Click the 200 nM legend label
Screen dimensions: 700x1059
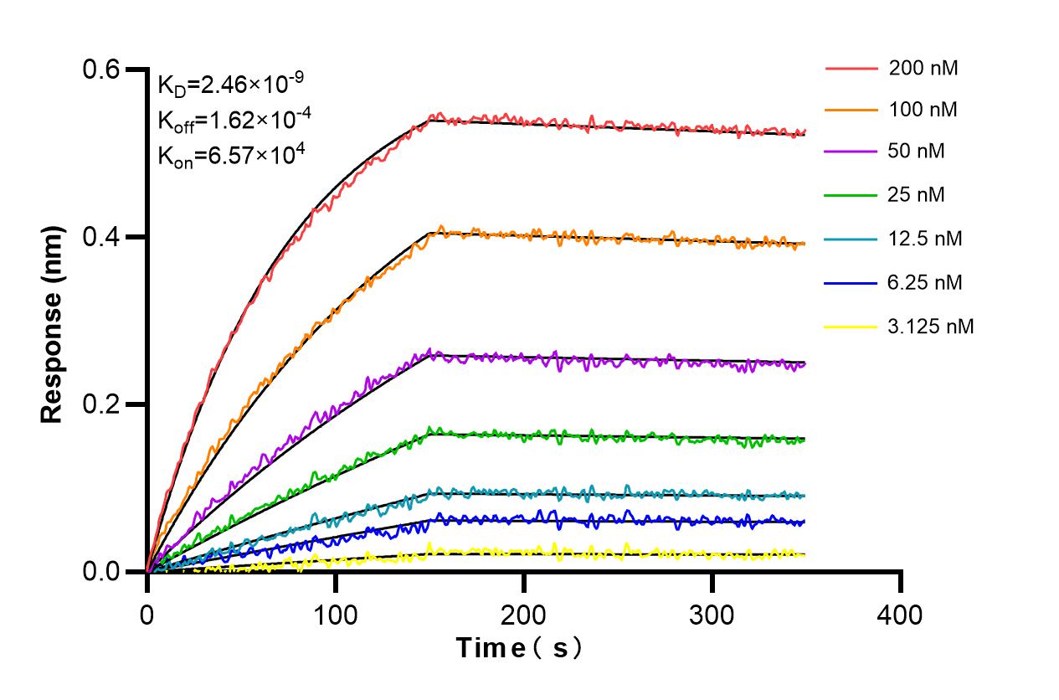tap(923, 69)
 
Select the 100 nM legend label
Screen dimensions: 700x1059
tap(923, 110)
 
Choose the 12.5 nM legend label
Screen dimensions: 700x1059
tap(926, 239)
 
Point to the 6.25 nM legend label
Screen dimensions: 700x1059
tap(926, 283)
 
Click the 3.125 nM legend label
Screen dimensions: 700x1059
tap(931, 327)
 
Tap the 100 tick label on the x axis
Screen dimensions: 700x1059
tap(335, 615)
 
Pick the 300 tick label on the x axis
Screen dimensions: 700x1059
tap(712, 615)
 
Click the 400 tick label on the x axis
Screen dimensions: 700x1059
tap(900, 615)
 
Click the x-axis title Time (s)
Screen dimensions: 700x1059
tap(518, 648)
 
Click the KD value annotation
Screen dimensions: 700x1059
tap(231, 85)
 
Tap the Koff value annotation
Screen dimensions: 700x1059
tap(234, 120)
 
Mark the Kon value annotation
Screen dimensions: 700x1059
tap(230, 155)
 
